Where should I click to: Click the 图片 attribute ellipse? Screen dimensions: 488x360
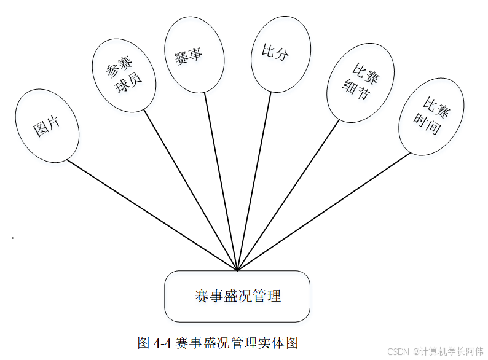(x=47, y=126)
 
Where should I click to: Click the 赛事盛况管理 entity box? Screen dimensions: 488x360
(x=237, y=296)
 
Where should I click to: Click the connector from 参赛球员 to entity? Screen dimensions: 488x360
(x=191, y=190)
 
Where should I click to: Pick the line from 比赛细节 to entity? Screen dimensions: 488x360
(x=289, y=194)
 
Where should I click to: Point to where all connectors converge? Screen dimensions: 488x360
(x=237, y=270)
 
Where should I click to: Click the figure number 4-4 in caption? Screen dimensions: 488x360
(x=162, y=342)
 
